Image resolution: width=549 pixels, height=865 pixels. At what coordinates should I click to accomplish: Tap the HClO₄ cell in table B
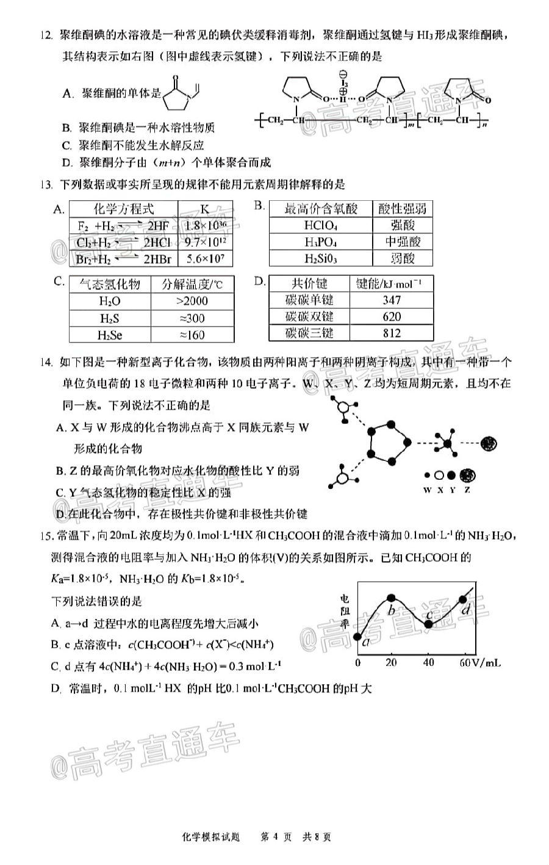pos(321,225)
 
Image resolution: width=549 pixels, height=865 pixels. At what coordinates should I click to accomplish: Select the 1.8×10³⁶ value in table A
pos(205,226)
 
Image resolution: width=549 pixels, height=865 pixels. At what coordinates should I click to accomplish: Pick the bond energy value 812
pos(392,333)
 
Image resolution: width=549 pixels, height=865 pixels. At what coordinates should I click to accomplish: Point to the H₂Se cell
pos(109,335)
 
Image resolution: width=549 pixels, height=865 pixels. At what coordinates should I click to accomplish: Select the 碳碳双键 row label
pos(309,316)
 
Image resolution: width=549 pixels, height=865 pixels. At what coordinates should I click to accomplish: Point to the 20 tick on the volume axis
pos(391,663)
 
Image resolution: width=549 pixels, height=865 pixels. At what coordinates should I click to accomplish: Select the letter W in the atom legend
pos(426,490)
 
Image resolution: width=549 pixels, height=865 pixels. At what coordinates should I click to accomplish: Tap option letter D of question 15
pos(56,689)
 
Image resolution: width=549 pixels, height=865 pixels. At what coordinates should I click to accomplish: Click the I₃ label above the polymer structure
pos(344,81)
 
